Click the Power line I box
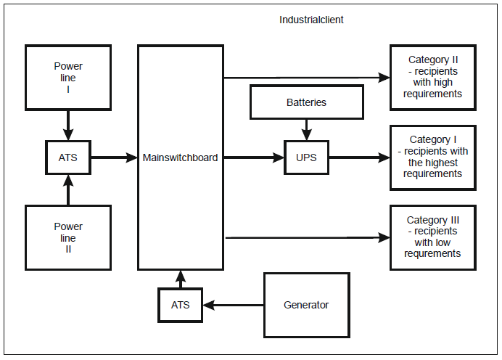[x=68, y=78]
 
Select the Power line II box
[x=68, y=238]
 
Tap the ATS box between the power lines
[x=68, y=157]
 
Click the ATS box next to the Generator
[x=181, y=305]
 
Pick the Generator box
[x=306, y=305]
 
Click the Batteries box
[x=306, y=102]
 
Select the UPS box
[x=306, y=157]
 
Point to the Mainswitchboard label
[x=180, y=157]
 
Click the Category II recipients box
[x=433, y=77]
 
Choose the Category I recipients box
[x=433, y=157]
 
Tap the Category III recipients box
[x=433, y=237]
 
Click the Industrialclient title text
[x=311, y=20]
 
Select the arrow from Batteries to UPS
[x=306, y=130]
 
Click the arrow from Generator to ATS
[x=232, y=305]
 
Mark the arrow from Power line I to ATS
[x=68, y=125]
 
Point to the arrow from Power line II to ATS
[x=68, y=190]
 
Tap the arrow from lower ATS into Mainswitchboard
[x=181, y=279]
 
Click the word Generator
[x=306, y=305]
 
